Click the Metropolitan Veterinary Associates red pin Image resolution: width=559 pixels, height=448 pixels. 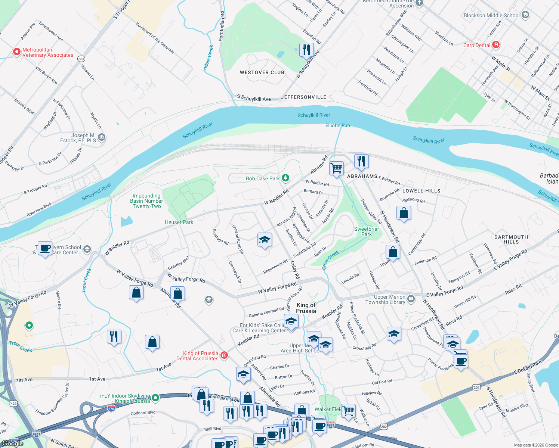click(16, 52)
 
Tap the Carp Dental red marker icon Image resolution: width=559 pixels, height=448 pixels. click(496, 45)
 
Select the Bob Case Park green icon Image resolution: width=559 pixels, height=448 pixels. click(285, 178)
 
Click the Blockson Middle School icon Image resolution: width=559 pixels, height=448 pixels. click(525, 15)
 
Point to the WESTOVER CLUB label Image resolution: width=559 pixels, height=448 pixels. click(262, 72)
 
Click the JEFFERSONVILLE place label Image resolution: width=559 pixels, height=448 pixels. click(303, 97)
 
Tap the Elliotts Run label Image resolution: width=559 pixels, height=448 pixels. click(337, 125)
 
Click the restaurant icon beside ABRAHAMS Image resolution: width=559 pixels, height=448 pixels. click(361, 161)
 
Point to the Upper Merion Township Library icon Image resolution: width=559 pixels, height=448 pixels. click(411, 299)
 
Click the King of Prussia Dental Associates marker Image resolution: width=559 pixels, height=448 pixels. click(224, 355)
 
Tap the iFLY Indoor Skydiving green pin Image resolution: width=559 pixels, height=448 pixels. click(155, 398)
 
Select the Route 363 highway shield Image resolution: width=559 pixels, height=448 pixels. click(81, 59)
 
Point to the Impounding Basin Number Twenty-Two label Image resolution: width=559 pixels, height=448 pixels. click(146, 201)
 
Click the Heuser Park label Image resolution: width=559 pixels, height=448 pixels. click(179, 222)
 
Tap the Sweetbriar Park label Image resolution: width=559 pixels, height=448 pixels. click(367, 231)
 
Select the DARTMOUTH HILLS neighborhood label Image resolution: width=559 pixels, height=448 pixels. click(511, 239)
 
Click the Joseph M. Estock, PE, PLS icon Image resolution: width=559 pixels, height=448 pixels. click(101, 137)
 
